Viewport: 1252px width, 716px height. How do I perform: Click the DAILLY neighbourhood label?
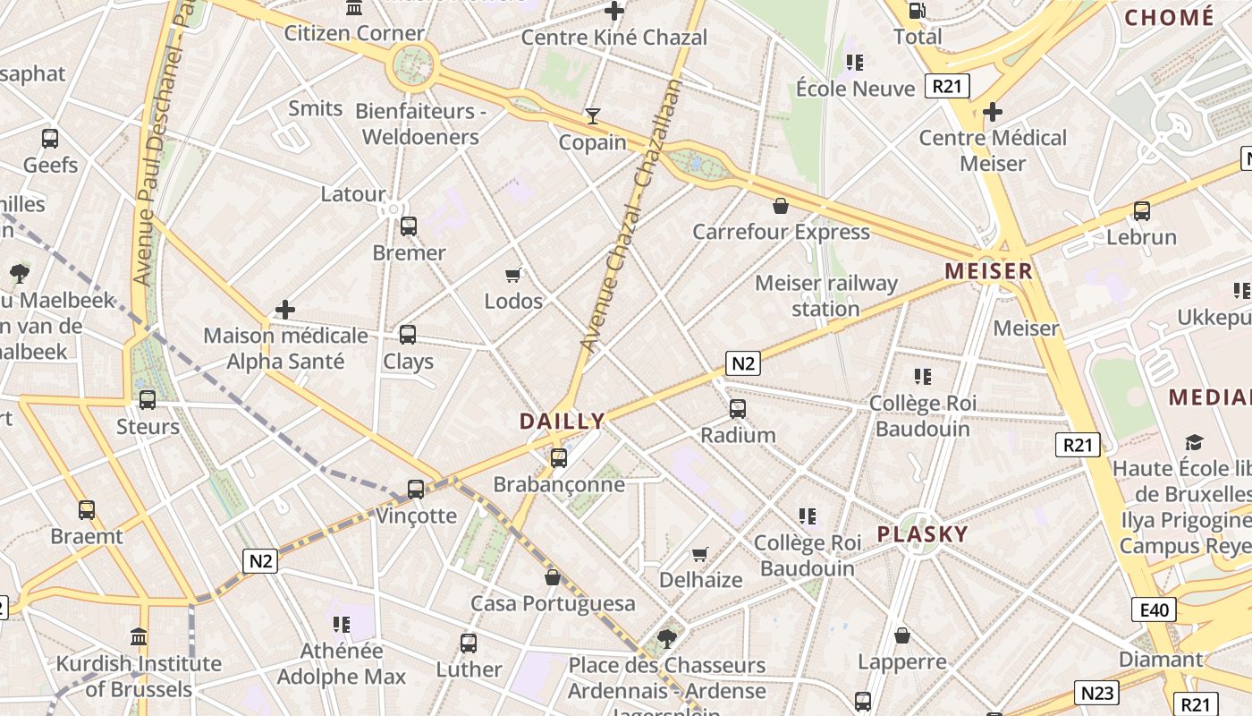click(563, 421)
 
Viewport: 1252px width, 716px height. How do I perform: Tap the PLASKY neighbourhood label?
click(922, 534)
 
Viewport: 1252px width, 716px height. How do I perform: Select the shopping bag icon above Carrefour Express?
click(781, 206)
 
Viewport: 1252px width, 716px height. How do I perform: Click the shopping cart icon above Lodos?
click(513, 275)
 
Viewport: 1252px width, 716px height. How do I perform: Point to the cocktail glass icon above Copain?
click(592, 115)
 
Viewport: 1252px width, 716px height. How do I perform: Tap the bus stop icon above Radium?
click(738, 409)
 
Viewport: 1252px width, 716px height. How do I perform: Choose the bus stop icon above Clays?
click(408, 335)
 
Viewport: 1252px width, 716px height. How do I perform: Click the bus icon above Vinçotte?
click(416, 490)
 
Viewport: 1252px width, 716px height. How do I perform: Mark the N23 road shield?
click(1096, 693)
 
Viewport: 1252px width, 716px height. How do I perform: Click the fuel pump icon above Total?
click(917, 11)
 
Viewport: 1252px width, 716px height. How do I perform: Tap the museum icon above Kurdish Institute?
click(139, 637)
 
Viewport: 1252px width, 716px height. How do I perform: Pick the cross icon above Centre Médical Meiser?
click(993, 112)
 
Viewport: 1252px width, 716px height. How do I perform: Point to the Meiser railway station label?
click(825, 296)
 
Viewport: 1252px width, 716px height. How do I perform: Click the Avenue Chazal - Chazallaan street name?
click(631, 215)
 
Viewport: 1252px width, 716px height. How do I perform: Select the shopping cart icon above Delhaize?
click(700, 554)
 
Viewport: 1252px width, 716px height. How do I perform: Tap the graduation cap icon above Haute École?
click(1194, 442)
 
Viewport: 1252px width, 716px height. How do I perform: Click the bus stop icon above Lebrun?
click(1142, 211)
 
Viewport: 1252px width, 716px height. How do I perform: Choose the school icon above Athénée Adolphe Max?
click(341, 624)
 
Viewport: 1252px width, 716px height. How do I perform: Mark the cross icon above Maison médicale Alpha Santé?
click(285, 310)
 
